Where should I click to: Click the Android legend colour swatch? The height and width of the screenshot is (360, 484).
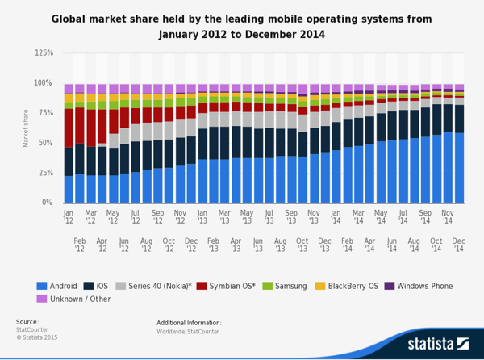42,286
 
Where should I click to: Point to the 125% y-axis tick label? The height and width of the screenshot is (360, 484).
44,53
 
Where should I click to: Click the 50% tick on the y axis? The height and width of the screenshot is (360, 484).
47,143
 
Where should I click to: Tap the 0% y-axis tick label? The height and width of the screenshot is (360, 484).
48,203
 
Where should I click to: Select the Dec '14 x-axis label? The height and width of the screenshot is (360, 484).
458,245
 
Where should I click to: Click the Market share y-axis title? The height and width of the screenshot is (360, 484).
26,128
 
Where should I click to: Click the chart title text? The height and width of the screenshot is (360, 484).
241,27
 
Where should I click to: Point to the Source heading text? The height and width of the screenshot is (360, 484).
27,322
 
